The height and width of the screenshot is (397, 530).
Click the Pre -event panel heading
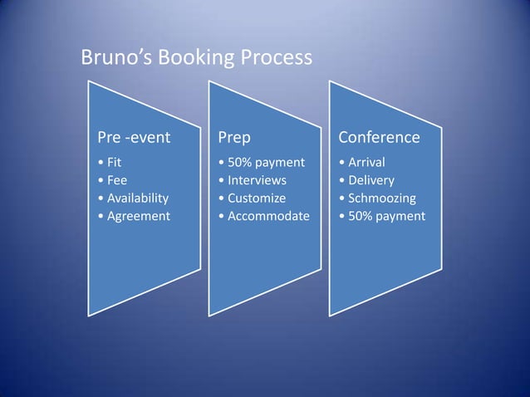(x=129, y=136)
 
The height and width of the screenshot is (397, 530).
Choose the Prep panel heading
(x=234, y=136)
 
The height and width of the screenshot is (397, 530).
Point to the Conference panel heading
(x=378, y=136)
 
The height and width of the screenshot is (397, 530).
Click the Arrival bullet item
(x=365, y=161)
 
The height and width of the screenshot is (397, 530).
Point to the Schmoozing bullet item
(x=380, y=198)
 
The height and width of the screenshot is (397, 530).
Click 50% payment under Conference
(x=385, y=216)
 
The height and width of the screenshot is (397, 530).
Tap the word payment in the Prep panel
(x=280, y=162)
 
